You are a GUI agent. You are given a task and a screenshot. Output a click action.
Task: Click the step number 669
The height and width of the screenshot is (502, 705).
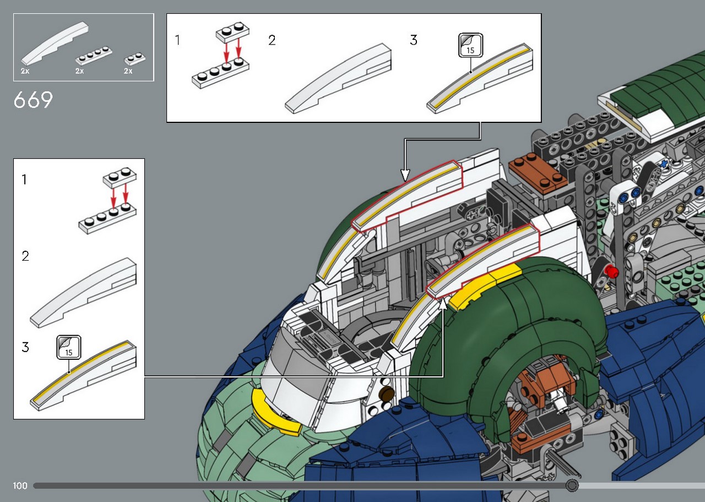(33, 100)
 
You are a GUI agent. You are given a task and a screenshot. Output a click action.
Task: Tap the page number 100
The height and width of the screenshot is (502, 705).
(20, 485)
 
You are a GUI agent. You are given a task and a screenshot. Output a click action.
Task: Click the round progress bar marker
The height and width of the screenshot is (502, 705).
(572, 485)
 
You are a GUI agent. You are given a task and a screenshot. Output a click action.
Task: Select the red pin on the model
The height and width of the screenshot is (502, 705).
(611, 272)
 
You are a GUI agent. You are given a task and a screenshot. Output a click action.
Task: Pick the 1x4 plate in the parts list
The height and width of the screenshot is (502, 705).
(94, 56)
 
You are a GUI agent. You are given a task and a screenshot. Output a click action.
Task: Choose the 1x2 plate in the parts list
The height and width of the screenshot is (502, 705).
(135, 58)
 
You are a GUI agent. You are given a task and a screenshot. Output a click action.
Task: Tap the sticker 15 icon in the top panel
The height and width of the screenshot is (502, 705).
(470, 45)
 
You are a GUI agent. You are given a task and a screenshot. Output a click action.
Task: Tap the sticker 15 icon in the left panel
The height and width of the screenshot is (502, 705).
(69, 347)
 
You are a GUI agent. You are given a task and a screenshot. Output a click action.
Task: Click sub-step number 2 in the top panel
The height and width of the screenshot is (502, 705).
(272, 40)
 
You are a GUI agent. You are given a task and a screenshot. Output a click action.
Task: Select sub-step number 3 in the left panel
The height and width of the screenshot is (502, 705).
(25, 347)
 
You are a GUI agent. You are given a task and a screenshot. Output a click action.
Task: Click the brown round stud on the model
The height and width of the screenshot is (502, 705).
(387, 393)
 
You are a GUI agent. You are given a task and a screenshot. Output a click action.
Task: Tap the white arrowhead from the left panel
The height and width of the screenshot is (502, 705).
(443, 304)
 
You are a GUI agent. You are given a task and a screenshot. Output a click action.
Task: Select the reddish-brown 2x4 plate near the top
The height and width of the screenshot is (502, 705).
(538, 172)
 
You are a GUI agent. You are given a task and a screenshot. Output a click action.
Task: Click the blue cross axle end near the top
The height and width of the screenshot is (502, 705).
(664, 164)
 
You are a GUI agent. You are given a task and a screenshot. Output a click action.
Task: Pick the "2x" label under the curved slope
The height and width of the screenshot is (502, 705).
(25, 71)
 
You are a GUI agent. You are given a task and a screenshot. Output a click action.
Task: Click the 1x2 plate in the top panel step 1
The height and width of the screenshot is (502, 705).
(232, 33)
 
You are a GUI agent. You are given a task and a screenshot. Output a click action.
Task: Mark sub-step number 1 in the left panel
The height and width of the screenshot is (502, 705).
(24, 180)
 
